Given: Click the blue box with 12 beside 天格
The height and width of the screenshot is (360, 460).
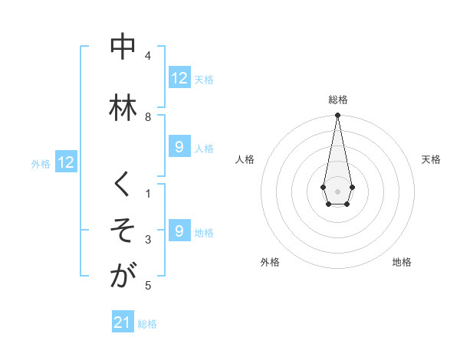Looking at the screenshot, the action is point(179,78).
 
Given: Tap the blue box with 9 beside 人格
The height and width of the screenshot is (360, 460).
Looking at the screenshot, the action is point(179,147).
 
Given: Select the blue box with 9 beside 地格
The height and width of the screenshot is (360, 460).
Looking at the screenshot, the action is point(179,231).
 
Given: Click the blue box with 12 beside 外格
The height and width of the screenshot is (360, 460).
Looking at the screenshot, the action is point(66,162).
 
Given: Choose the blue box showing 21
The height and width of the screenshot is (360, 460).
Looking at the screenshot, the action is point(123,322).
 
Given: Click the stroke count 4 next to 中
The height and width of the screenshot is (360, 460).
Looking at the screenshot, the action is point(148,56).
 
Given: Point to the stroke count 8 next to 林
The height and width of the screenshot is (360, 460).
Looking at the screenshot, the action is point(148,117).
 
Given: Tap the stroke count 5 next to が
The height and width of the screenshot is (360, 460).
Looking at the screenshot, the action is point(148,286).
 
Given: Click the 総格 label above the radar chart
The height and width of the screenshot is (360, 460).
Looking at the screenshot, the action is point(338,100).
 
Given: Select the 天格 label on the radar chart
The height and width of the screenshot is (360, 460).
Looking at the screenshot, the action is point(431,159).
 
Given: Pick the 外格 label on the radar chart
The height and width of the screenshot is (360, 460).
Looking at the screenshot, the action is point(270,262).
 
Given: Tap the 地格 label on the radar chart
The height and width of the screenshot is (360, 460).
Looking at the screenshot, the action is point(402,262).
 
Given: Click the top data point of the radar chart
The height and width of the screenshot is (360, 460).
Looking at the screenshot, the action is point(337,116).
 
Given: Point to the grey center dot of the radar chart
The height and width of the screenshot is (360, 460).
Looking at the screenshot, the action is point(337,190).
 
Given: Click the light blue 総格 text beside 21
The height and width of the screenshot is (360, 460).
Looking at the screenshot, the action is point(147,324).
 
